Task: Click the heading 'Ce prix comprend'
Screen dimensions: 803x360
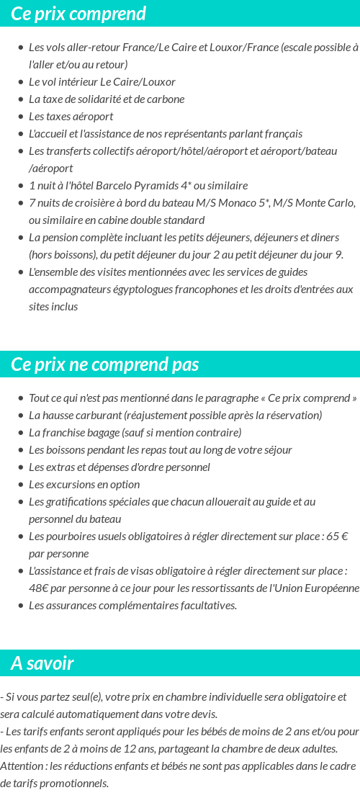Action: coord(78,14)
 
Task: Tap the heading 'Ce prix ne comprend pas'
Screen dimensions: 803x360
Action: coord(105,364)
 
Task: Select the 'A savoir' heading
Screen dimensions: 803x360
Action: coord(42,663)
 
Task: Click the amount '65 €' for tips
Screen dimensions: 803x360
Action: coord(337,537)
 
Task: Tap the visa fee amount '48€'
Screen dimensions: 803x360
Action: coord(38,588)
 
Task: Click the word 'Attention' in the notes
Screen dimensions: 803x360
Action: coord(21,766)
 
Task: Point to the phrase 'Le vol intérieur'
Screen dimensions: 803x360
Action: coord(66,82)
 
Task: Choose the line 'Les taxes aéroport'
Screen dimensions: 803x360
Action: coord(71,117)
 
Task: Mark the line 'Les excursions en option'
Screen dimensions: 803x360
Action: coord(84,485)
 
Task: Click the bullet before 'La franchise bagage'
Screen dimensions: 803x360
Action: coord(21,433)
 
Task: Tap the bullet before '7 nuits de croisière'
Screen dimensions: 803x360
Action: coord(21,203)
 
